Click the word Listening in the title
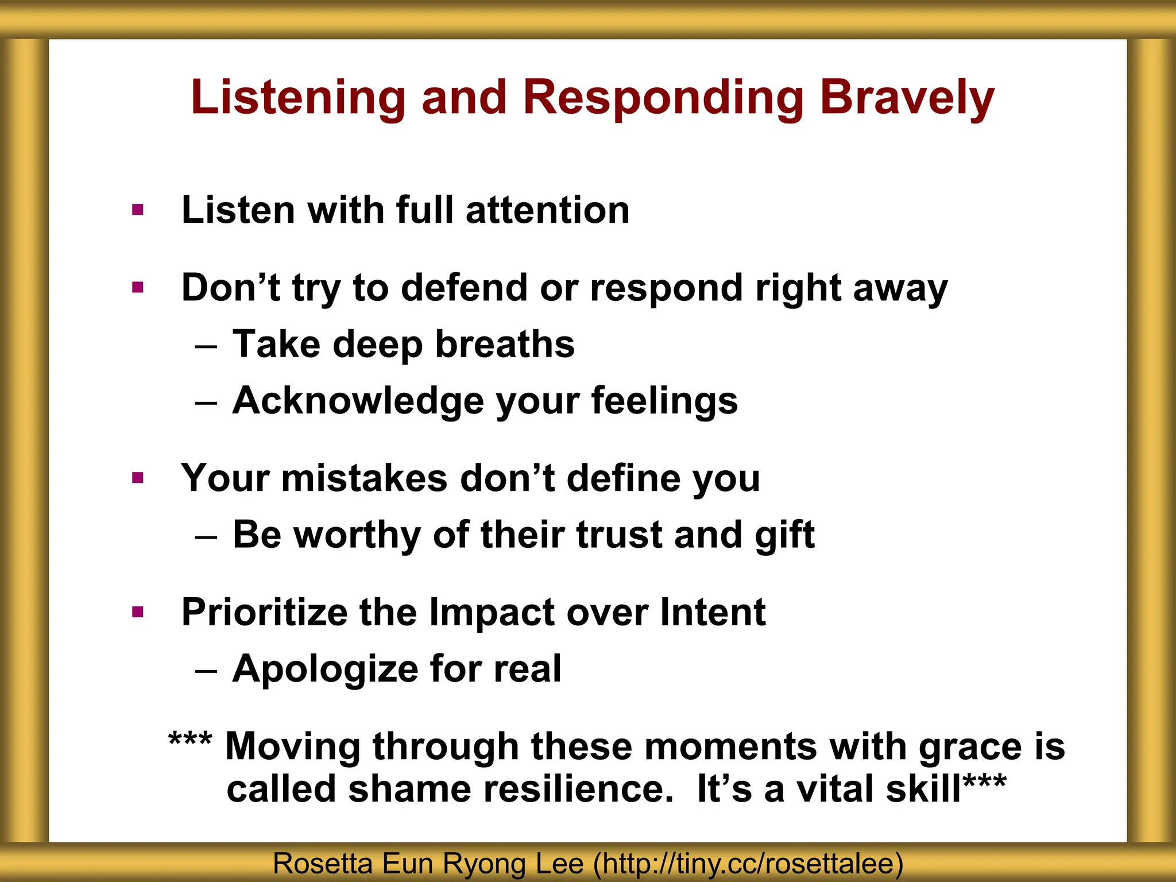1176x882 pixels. point(298,98)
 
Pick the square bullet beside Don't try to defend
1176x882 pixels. point(137,287)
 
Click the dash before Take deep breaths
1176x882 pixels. point(206,347)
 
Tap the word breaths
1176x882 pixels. point(505,344)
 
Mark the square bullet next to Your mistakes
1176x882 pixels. point(137,478)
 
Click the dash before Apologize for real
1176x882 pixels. point(206,671)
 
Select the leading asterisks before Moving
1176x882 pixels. point(190,741)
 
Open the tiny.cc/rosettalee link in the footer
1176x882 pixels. point(747,864)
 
